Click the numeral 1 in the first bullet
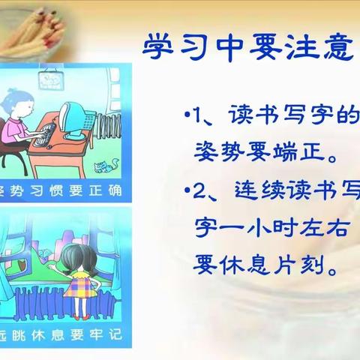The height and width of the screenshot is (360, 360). coord(199,118)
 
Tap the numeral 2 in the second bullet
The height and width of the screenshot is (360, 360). coord(199,191)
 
